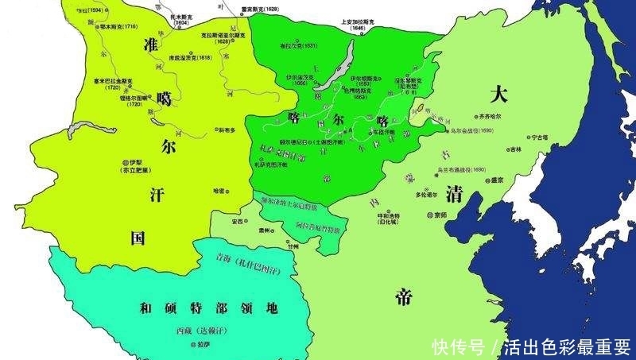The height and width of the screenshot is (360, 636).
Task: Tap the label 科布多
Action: (x=229, y=130)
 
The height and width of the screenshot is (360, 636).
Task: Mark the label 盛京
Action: (x=499, y=180)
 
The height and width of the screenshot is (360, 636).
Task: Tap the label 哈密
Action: (x=220, y=191)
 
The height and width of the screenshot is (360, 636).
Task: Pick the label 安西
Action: (x=237, y=221)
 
